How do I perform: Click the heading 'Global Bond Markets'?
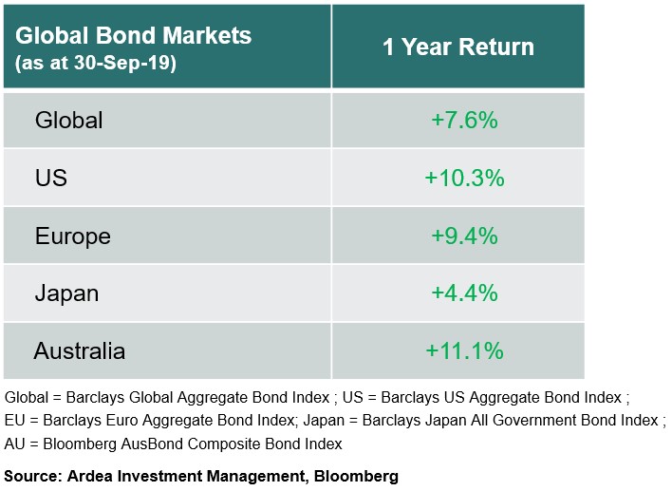(134, 36)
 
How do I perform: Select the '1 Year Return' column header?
(457, 47)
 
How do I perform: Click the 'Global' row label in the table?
(68, 121)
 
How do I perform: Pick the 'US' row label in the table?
(51, 178)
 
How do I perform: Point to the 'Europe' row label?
(73, 236)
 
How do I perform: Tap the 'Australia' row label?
(80, 350)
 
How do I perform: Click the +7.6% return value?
(464, 121)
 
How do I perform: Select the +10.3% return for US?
(464, 178)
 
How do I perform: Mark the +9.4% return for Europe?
(464, 236)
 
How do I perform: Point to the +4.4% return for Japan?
(464, 293)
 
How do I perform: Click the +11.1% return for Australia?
(464, 350)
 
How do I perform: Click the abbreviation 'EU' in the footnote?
(15, 420)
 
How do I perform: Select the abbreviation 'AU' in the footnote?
(15, 444)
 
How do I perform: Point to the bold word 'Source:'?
(31, 476)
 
